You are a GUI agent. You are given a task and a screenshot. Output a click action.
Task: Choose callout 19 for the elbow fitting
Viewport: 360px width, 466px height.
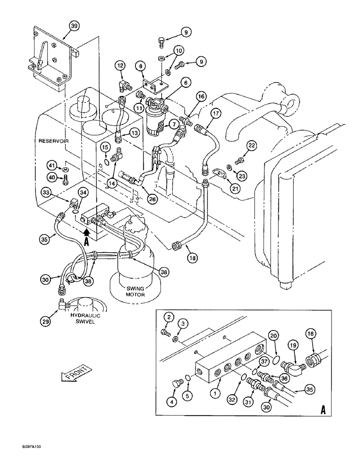pos(292,346)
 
